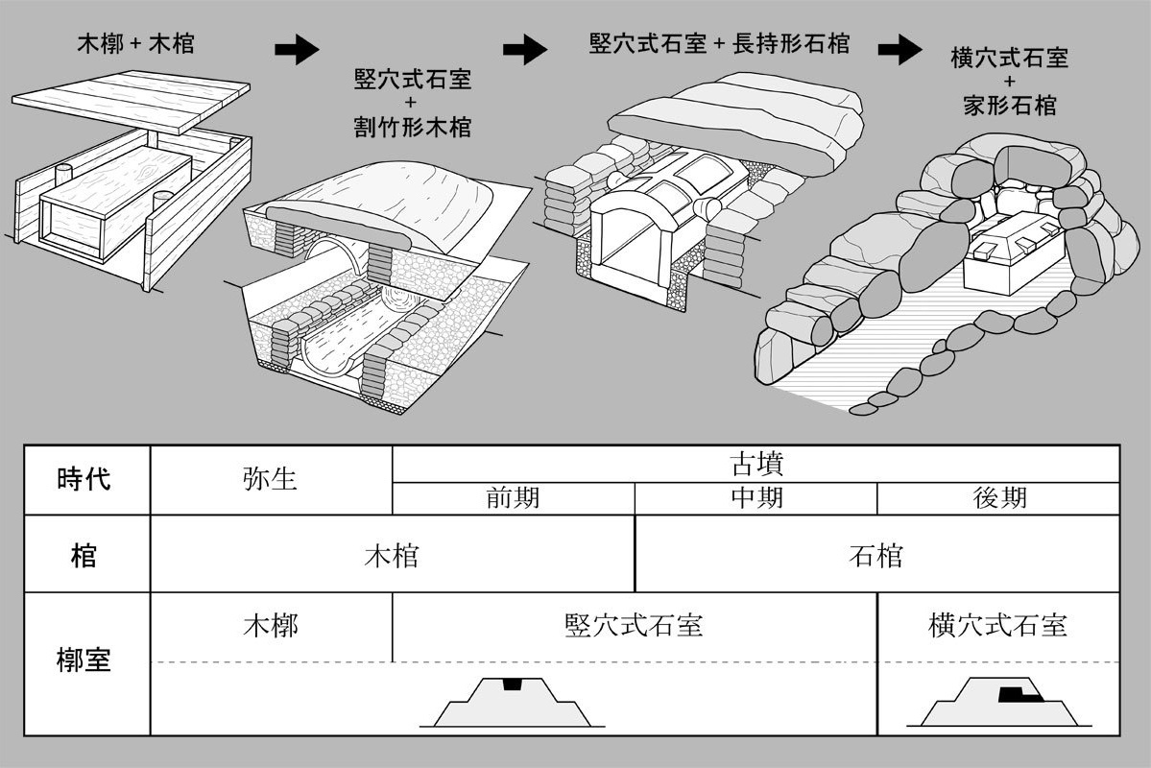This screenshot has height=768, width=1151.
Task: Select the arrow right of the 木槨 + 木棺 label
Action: (297, 51)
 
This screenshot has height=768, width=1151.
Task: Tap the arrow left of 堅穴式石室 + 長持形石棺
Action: (524, 51)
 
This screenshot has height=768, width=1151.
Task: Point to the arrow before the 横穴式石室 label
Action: (899, 51)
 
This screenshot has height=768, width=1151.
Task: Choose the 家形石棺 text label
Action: (1009, 105)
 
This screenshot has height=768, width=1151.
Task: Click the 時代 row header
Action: (84, 479)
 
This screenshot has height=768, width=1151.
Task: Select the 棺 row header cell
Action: (84, 555)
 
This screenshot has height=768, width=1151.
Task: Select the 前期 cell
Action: (513, 498)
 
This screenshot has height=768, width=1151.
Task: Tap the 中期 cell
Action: (756, 498)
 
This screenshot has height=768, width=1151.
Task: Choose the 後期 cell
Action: (999, 498)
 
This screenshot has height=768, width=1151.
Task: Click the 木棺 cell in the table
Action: (392, 555)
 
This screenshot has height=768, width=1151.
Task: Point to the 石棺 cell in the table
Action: (876, 555)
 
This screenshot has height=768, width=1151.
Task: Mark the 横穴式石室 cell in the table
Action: (998, 626)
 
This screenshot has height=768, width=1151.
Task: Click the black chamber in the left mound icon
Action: (513, 684)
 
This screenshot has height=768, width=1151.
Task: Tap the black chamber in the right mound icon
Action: (1011, 693)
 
